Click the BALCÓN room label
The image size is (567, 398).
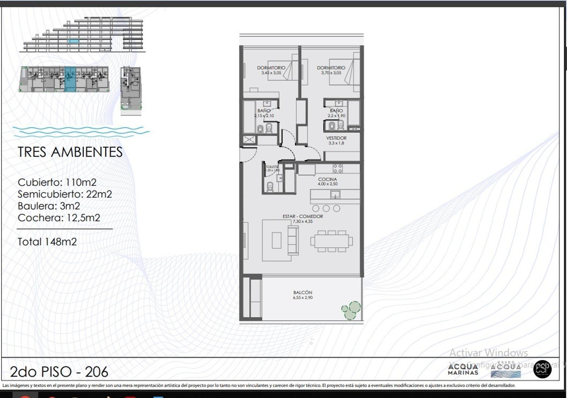pos(303,293)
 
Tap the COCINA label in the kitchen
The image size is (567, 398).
pos(327,179)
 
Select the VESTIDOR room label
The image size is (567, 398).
pos(336,138)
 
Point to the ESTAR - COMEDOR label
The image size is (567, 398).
pos(303,216)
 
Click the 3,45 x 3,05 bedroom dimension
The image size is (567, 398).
pos(271,73)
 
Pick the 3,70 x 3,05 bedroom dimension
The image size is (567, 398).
pos(331,73)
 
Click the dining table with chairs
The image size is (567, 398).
pos(331,241)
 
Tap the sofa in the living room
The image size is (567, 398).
pos(293,241)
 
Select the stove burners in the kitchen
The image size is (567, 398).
pos(338,168)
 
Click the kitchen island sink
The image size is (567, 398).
pos(335,194)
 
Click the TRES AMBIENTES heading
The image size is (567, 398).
pos(70,152)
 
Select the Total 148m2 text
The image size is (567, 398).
pos(47,242)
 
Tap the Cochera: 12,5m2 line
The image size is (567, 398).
pos(59,218)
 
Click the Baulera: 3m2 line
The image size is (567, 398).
pos(49,206)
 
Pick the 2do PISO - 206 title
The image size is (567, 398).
pos(59,372)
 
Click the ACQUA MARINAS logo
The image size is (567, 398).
pos(463,369)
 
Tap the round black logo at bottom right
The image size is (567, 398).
pos(542,369)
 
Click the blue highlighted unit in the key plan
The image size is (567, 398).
pos(70,79)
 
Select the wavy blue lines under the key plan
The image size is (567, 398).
pos(81,132)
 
